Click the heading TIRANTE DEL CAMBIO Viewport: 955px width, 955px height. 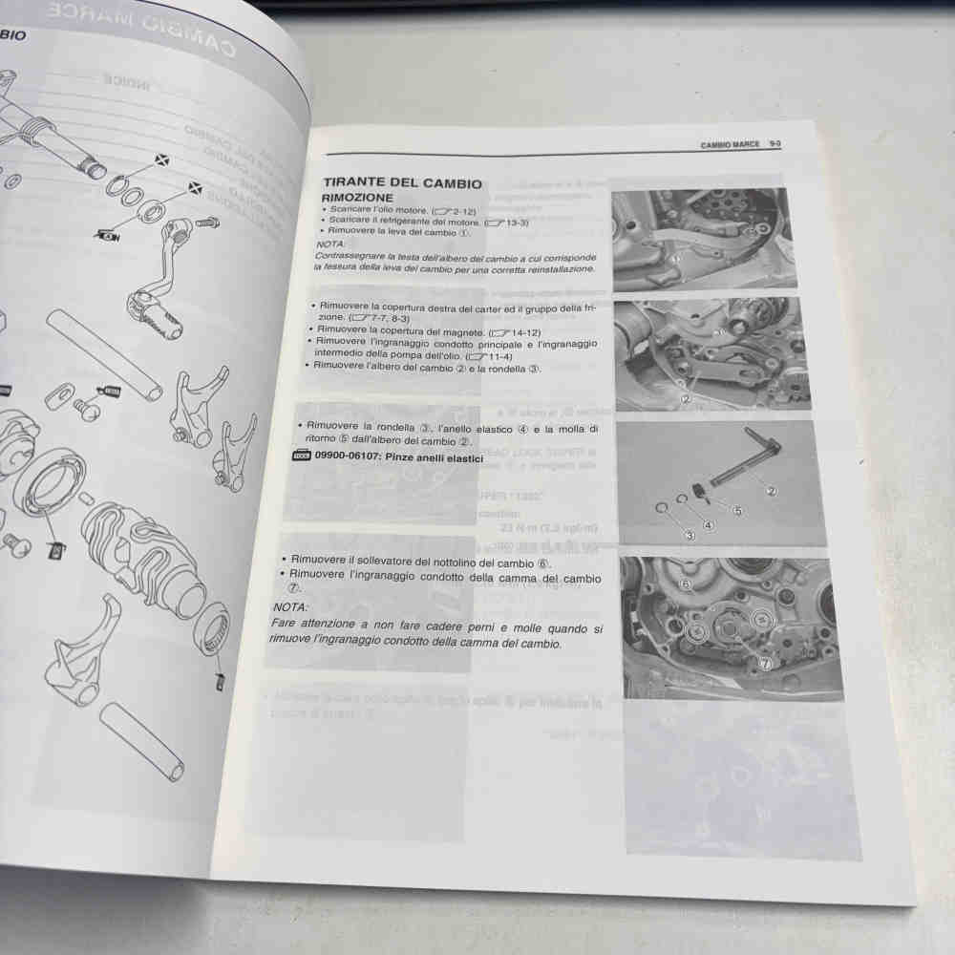pyautogui.click(x=402, y=183)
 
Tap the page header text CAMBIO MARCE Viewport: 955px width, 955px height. pyautogui.click(x=730, y=144)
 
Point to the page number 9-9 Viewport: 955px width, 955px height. pyautogui.click(x=775, y=143)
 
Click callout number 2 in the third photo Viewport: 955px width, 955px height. pyautogui.click(x=770, y=491)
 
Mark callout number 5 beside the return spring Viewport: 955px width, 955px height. pyautogui.click(x=736, y=511)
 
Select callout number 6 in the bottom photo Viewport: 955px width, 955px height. pyautogui.click(x=684, y=583)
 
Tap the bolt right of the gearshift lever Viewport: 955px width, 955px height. pyautogui.click(x=207, y=223)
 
